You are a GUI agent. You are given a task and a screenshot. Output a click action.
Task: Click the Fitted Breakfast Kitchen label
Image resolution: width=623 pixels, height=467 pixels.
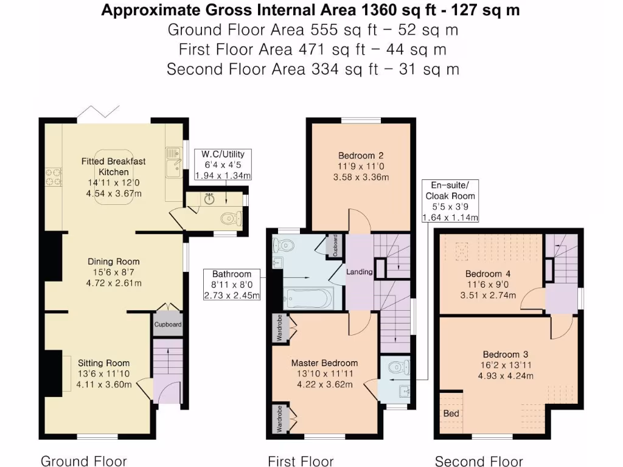(114, 167)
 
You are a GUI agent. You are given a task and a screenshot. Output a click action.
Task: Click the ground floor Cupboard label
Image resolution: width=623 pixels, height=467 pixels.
(167, 325)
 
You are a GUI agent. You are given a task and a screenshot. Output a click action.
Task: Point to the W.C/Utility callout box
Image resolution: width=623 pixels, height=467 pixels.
(223, 165)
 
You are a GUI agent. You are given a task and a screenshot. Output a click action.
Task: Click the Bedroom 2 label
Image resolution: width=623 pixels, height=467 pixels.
(360, 155)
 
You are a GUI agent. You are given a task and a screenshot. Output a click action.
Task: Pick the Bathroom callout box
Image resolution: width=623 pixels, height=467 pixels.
(232, 285)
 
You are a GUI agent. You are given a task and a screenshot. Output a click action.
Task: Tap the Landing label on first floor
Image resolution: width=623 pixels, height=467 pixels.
(359, 272)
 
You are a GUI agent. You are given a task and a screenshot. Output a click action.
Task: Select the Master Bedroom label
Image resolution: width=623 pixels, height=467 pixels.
(324, 363)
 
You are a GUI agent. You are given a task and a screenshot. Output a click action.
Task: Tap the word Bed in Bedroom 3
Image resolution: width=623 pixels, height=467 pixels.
(451, 413)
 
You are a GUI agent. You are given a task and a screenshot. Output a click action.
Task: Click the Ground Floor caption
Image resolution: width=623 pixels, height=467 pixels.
(83, 461)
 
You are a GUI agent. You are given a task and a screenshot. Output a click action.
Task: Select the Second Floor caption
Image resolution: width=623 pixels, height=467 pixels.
(479, 461)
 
